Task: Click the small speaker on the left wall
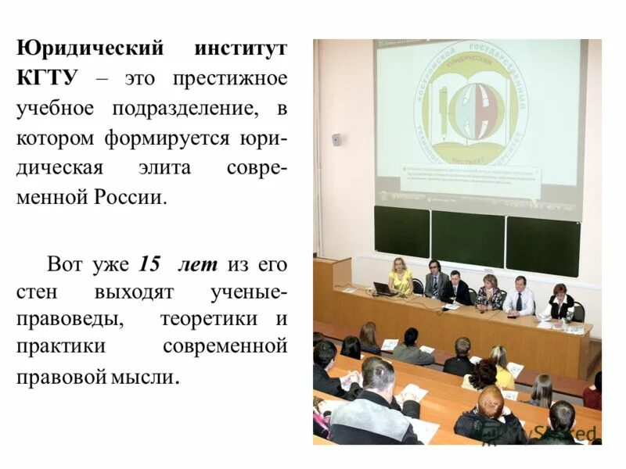pyautogui.click(x=336, y=140)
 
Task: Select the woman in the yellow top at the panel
pyautogui.click(x=401, y=277)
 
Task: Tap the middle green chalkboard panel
pyautogui.click(x=468, y=239)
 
